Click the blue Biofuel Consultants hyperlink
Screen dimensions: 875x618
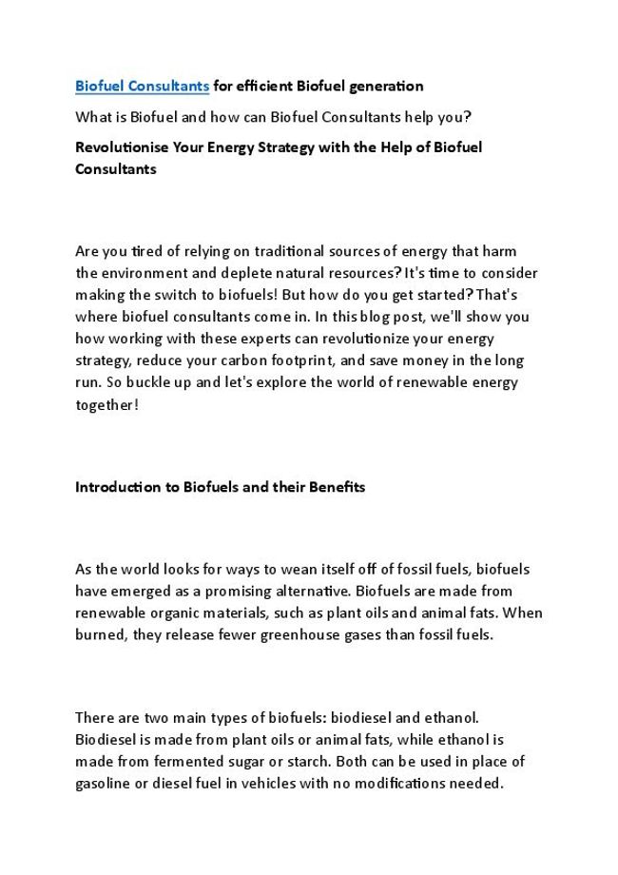point(142,87)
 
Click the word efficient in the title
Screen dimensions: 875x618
point(261,87)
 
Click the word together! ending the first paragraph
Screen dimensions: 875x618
point(106,404)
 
